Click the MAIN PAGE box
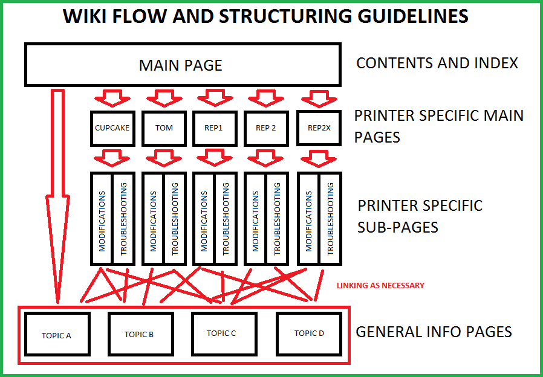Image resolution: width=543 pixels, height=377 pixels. (180, 65)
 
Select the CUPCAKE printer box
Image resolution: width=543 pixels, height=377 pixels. (112, 128)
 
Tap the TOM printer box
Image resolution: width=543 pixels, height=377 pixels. (164, 128)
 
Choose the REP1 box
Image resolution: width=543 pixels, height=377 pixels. (214, 128)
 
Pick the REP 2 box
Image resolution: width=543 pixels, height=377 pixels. (265, 128)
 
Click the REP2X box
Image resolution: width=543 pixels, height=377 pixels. (318, 128)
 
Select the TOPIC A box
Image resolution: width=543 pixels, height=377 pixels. (56, 334)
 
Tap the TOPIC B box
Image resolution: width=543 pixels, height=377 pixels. (139, 333)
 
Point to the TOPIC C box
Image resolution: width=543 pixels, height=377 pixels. (221, 333)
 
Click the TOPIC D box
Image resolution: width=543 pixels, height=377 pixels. (309, 333)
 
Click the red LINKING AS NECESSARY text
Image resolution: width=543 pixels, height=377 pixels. (380, 285)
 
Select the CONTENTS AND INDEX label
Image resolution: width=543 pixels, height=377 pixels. (437, 63)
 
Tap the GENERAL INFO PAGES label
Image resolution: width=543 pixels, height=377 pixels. (434, 332)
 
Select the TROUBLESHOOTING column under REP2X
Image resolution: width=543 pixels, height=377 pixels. (330, 219)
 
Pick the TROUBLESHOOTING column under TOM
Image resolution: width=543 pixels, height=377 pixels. (175, 219)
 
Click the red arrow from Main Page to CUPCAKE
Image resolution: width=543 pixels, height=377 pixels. (112, 97)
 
